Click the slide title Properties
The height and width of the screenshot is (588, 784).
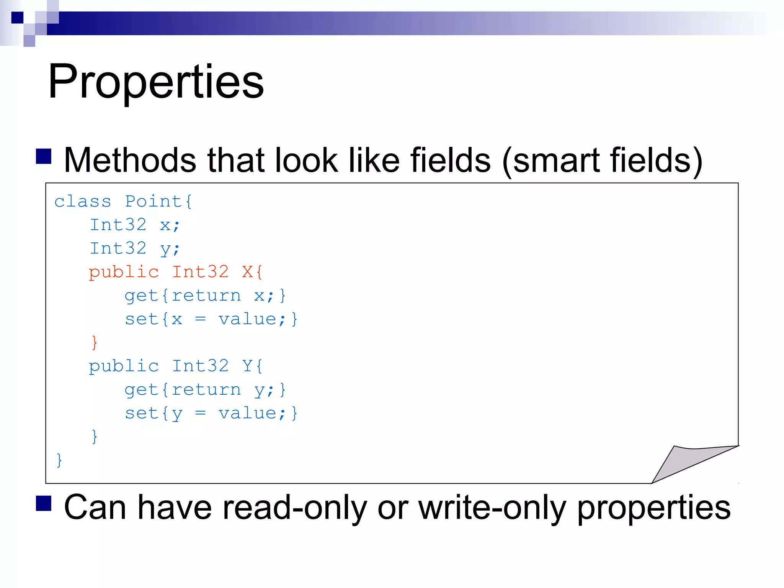pos(156,82)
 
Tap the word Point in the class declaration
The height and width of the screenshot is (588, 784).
pos(153,201)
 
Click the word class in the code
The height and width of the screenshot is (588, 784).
pos(83,201)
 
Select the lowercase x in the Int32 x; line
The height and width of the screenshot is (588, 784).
pos(165,225)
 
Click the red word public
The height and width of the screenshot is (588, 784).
pos(124,272)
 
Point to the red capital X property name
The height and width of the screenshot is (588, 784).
pos(247,272)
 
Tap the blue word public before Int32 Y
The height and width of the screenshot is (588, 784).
pos(124,366)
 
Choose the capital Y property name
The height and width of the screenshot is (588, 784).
pos(247,366)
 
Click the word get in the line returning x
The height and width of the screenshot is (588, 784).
pos(142,296)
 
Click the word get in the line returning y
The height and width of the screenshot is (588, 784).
pos(142,390)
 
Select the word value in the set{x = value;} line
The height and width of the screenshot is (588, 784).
pos(247,319)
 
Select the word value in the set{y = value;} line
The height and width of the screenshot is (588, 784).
pos(247,413)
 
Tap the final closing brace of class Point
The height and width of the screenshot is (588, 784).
pos(59,460)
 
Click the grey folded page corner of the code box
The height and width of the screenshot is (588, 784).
pos(685,461)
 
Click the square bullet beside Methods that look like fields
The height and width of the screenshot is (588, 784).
pos(44,156)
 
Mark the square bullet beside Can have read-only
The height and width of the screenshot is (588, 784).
pos(44,503)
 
